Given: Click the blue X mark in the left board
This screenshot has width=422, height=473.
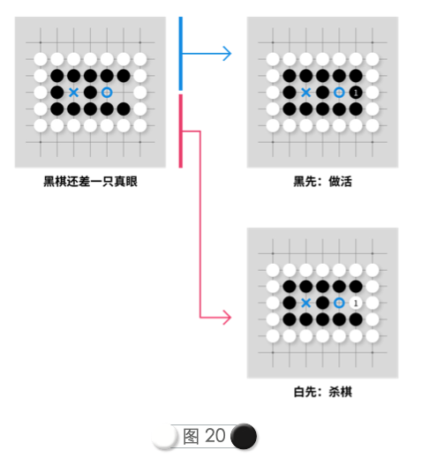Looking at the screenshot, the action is click(73, 93).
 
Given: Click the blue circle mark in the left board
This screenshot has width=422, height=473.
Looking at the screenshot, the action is click(107, 93).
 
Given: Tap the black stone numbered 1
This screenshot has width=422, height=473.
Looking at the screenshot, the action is click(356, 93).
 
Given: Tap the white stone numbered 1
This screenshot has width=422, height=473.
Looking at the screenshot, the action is click(356, 303).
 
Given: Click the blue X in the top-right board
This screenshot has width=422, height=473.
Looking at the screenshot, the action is click(306, 93).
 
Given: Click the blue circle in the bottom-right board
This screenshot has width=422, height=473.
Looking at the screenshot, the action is click(339, 303).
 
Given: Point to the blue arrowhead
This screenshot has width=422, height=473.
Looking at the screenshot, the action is click(228, 54).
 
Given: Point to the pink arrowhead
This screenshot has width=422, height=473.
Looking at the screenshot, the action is click(227, 318).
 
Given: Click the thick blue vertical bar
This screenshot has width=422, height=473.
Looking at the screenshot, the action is click(180, 54).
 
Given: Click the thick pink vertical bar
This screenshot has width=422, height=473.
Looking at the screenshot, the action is click(180, 131).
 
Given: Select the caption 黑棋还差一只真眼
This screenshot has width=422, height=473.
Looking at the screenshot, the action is click(90, 182).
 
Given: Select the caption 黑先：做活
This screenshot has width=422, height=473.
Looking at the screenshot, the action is click(323, 182).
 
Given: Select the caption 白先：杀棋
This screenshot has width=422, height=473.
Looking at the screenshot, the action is click(323, 392).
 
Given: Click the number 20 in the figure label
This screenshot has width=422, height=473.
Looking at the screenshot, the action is click(215, 436).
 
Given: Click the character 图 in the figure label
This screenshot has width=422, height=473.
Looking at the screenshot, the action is click(191, 437).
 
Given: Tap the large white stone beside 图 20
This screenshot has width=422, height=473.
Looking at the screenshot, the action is click(163, 437).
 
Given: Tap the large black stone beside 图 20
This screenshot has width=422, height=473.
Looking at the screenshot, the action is click(244, 436).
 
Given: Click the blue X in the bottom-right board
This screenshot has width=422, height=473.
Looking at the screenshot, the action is click(306, 303).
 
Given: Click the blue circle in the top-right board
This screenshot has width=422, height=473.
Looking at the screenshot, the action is click(339, 93).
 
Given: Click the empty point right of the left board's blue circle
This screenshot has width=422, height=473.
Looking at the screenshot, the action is click(124, 93).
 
